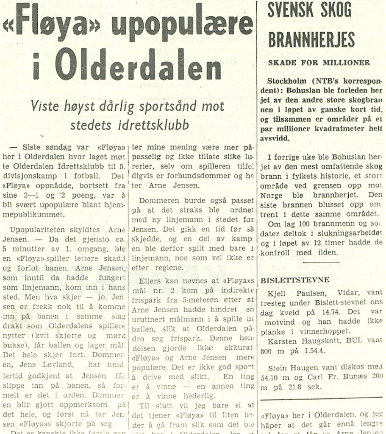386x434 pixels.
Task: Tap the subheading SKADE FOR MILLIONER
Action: click(x=319, y=63)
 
